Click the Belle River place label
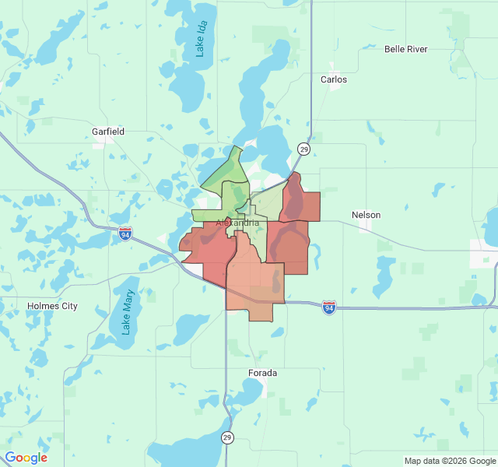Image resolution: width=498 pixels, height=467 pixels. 405,49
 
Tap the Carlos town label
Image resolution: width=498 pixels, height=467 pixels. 334,79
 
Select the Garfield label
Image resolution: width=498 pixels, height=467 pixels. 107,132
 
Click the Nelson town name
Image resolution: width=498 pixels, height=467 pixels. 366,214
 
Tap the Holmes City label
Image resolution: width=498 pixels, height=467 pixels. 52,306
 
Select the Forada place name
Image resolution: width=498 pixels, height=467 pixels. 263,373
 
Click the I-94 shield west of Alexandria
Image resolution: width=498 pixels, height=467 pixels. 125,233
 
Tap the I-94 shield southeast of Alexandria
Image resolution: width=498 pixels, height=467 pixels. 329,308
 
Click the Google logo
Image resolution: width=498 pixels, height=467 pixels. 26,458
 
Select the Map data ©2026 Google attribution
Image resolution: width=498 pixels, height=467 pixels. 449,460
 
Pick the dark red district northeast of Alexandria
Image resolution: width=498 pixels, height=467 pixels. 300,202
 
